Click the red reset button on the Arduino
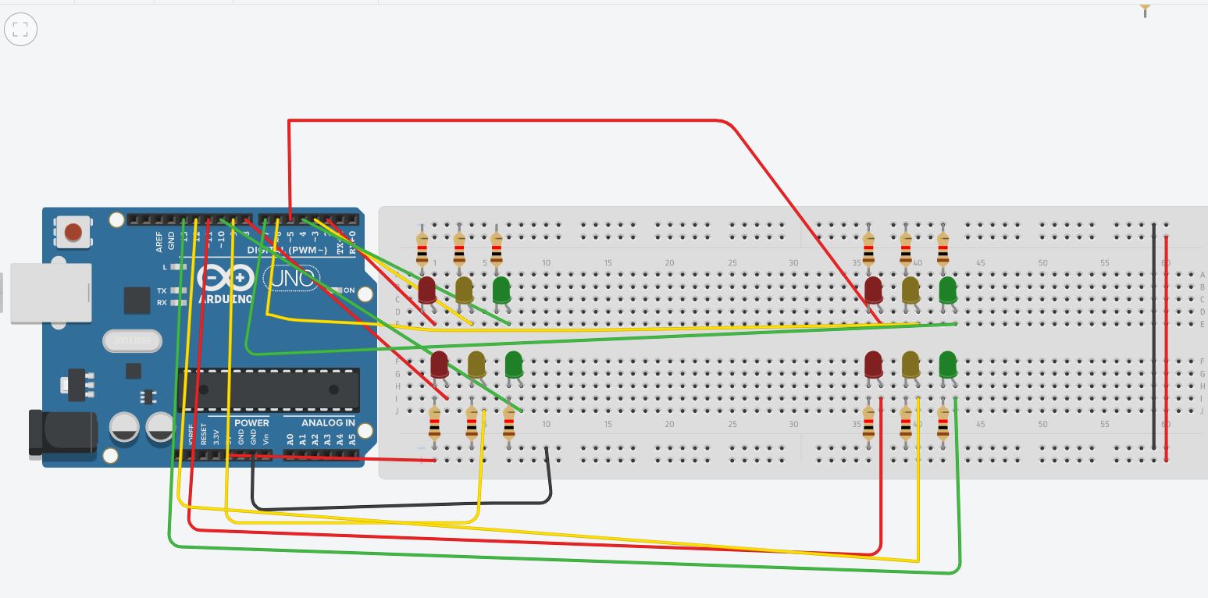pyautogui.click(x=73, y=232)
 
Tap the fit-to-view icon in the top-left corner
pyautogui.click(x=20, y=30)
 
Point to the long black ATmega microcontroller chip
pyautogui.click(x=269, y=390)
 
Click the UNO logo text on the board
pyautogui.click(x=290, y=278)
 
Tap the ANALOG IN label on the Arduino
pyautogui.click(x=328, y=423)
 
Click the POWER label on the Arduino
pyautogui.click(x=251, y=423)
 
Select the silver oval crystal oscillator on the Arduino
pyautogui.click(x=132, y=341)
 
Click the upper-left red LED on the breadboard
pyautogui.click(x=427, y=290)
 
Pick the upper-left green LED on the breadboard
pyautogui.click(x=501, y=290)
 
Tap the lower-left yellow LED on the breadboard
pyautogui.click(x=476, y=364)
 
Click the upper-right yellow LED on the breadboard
pyautogui.click(x=910, y=290)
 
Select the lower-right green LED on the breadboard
pyautogui.click(x=947, y=364)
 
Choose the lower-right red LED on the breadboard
pyautogui.click(x=873, y=364)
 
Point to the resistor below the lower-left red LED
pyautogui.click(x=434, y=425)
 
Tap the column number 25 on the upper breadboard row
pyautogui.click(x=732, y=263)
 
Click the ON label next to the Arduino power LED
pyautogui.click(x=349, y=290)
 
